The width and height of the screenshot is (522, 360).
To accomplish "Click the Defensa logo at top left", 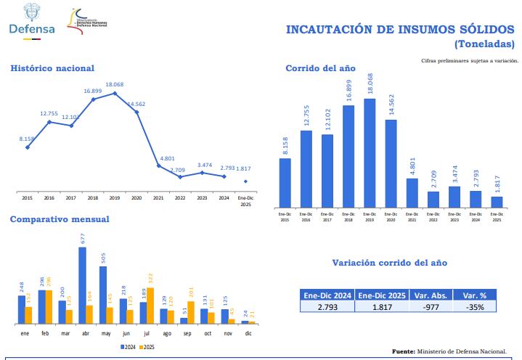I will [x=31, y=20].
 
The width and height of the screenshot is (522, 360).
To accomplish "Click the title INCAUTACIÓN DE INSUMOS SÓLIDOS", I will [x=401, y=29].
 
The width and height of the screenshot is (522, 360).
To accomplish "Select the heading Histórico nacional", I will [x=52, y=68].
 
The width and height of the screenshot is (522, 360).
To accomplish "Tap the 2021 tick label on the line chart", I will [x=159, y=197].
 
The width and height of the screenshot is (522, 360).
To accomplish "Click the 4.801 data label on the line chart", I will [x=158, y=158].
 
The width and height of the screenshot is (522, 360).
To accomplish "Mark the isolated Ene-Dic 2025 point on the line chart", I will [x=245, y=181].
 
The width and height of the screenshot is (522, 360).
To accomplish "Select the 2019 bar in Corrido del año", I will [x=370, y=153].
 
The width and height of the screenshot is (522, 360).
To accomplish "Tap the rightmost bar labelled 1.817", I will [x=497, y=202].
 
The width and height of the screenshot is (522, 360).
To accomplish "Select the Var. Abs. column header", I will [x=428, y=295].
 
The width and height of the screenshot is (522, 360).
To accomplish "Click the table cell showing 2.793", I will [x=327, y=307].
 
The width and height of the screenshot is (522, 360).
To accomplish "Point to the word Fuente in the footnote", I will [x=403, y=351].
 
